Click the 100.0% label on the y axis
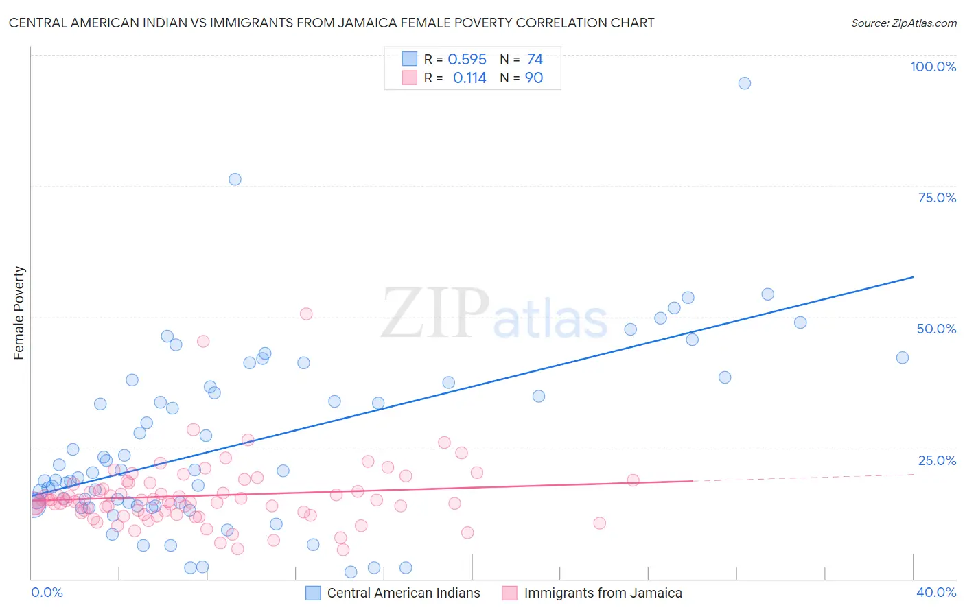pos(933,67)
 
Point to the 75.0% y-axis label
pos(937,198)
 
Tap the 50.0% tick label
pos(936,329)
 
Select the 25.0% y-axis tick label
pos(937,460)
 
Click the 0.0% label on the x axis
pos(47,592)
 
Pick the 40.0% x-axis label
pos(936,592)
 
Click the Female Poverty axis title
pos(19,313)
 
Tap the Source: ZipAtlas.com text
pos(903,23)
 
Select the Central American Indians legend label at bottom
pos(404,593)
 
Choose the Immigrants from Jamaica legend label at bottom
pos(603,593)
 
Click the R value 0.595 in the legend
pos(467,60)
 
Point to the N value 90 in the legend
pos(534,78)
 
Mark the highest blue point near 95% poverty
pos(745,83)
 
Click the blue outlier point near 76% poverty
pos(235,179)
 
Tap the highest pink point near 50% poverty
pos(306,314)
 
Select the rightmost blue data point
pos(903,357)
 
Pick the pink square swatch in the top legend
pos(410,78)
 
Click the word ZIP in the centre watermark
pos(435,314)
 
